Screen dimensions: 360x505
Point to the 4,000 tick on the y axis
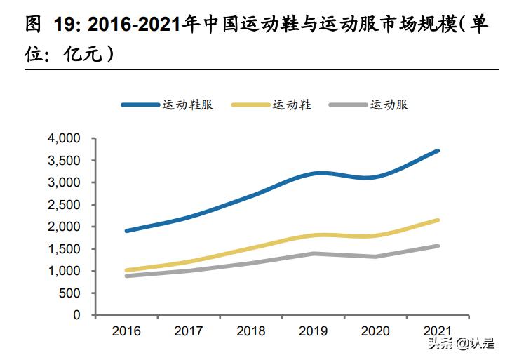(x=65, y=138)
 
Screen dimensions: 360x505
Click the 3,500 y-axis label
(x=65, y=161)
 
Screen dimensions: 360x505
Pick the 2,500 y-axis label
(x=65, y=205)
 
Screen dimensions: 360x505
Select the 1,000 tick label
(x=65, y=271)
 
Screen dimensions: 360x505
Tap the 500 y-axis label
(x=72, y=293)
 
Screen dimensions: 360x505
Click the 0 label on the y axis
(x=78, y=316)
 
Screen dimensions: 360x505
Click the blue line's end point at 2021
(x=438, y=151)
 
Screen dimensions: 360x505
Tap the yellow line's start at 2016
(x=126, y=270)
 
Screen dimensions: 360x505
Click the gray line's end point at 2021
(x=438, y=246)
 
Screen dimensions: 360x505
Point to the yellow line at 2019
(x=314, y=235)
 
